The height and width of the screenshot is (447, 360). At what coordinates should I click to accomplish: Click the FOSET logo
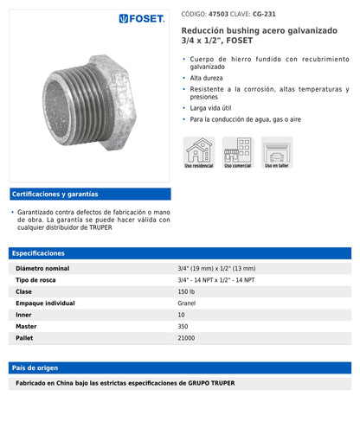[x=142, y=18]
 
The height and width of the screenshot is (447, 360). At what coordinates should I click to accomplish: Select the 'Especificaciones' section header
[x=39, y=253]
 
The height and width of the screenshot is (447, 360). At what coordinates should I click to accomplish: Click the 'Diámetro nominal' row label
[x=42, y=269]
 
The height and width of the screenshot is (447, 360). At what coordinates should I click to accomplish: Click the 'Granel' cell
[x=187, y=303]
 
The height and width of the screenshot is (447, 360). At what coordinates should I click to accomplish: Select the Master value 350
[x=183, y=327]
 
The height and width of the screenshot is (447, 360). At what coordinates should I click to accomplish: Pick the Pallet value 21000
[x=187, y=338]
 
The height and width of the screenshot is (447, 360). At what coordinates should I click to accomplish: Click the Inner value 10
[x=181, y=315]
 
